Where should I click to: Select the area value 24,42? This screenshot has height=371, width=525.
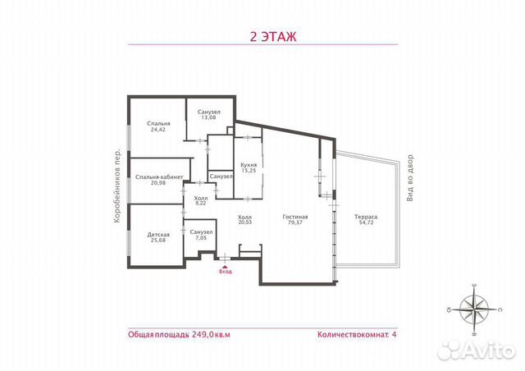tap(148, 129)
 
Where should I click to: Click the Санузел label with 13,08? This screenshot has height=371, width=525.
tap(209, 112)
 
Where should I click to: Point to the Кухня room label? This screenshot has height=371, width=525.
tap(249, 165)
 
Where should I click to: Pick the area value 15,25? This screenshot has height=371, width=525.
tap(249, 171)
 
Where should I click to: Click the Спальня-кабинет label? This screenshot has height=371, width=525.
tap(154, 176)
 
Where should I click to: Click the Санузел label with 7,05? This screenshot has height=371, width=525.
tap(201, 232)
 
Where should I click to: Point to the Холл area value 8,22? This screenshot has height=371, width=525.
tap(201, 204)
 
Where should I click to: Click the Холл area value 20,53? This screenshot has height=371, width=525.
tap(244, 222)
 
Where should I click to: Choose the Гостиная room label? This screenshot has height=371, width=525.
tap(294, 216)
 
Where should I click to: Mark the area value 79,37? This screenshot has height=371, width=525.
tap(294, 222)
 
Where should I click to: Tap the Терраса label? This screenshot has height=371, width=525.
tap(366, 216)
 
